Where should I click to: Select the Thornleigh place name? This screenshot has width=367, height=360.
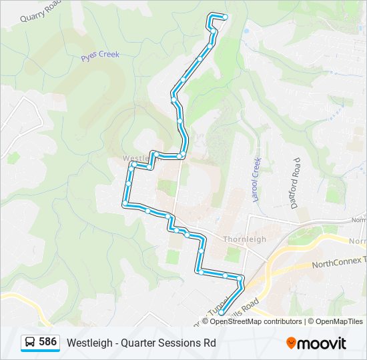coord(244,239)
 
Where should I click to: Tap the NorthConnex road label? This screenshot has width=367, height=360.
coord(339,263)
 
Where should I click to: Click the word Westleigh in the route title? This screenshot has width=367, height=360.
coord(87,343)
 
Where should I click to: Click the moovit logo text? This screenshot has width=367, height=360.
coord(322,343)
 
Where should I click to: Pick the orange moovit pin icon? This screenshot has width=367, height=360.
coord(291,343)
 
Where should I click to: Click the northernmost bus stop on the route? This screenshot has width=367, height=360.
coord(225,17)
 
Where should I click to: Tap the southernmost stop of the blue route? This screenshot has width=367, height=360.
coord(221,311)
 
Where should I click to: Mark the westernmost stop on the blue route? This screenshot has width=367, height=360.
coord(125,203)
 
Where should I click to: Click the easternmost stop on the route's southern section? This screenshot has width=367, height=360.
coord(241,277)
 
